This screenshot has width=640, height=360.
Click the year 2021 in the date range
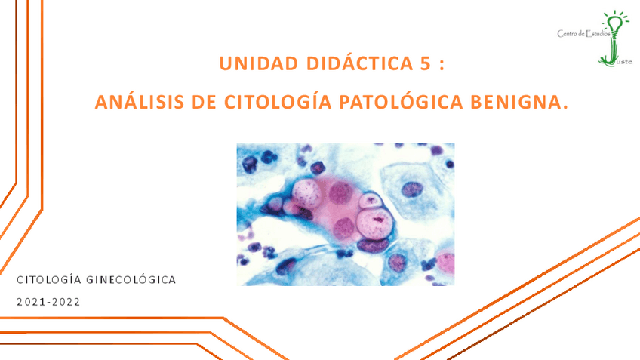(29, 302)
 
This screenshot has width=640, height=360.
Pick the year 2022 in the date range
(65, 302)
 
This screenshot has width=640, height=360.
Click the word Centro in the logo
(567, 33)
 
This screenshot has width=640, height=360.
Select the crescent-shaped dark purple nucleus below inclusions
(374, 243)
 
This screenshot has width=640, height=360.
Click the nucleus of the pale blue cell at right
(412, 188)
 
